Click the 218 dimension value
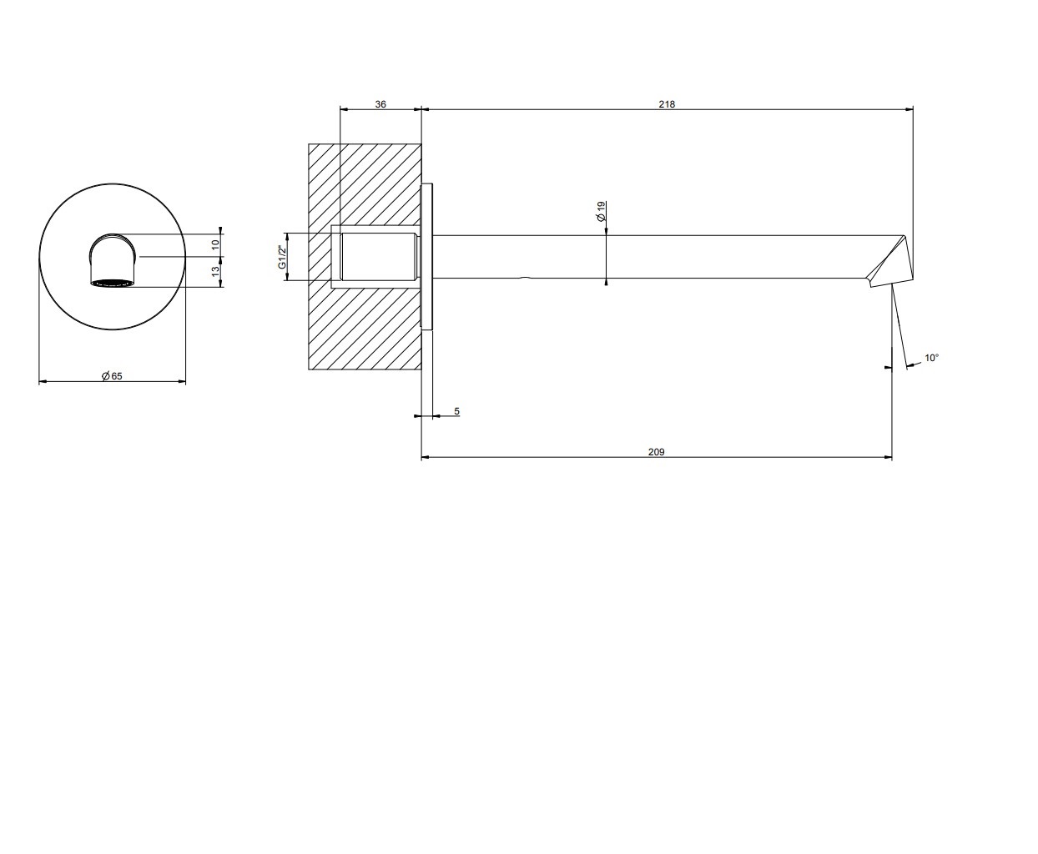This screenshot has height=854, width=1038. pos(667,104)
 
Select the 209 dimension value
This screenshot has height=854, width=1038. pos(656,452)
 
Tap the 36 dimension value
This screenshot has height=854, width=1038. pos(380,104)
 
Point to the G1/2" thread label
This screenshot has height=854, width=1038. pos(282,257)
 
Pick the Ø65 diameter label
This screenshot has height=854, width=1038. pos(112,376)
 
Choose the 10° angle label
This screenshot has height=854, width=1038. pos(932,358)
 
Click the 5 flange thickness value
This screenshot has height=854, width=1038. pos(456,411)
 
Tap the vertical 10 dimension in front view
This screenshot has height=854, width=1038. pos(215,244)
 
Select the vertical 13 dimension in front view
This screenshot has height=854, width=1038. pos(215,271)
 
